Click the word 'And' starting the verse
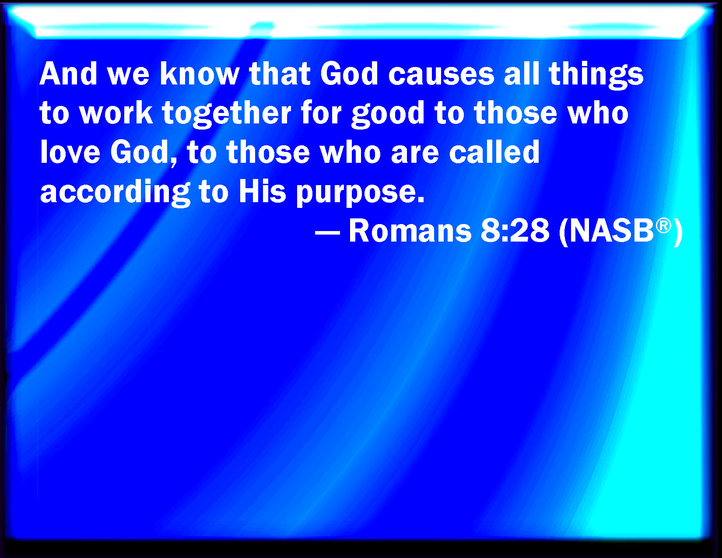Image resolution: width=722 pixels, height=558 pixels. pos(68,74)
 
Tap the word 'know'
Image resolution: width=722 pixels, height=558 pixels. pos(200,74)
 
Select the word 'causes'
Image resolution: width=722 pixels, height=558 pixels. pos(441,76)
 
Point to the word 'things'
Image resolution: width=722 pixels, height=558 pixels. pos(596,76)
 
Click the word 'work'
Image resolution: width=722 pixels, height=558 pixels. pos(116,112)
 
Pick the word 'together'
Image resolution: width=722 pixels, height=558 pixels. pos(227,115)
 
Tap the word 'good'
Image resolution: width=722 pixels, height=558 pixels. pos(388,115)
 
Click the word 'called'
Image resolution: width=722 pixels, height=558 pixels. pos(494,152)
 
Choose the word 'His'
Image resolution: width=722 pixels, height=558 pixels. pos(262,191)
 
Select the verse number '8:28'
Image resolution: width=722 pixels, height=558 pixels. pos(515,231)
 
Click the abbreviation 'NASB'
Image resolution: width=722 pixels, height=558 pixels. pos(612,231)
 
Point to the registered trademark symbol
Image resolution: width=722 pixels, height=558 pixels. pos(663,226)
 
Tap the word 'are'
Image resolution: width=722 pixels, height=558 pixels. pos(415,154)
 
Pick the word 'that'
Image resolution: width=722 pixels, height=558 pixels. pos(280,74)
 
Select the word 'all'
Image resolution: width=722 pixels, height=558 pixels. pos(521,74)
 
